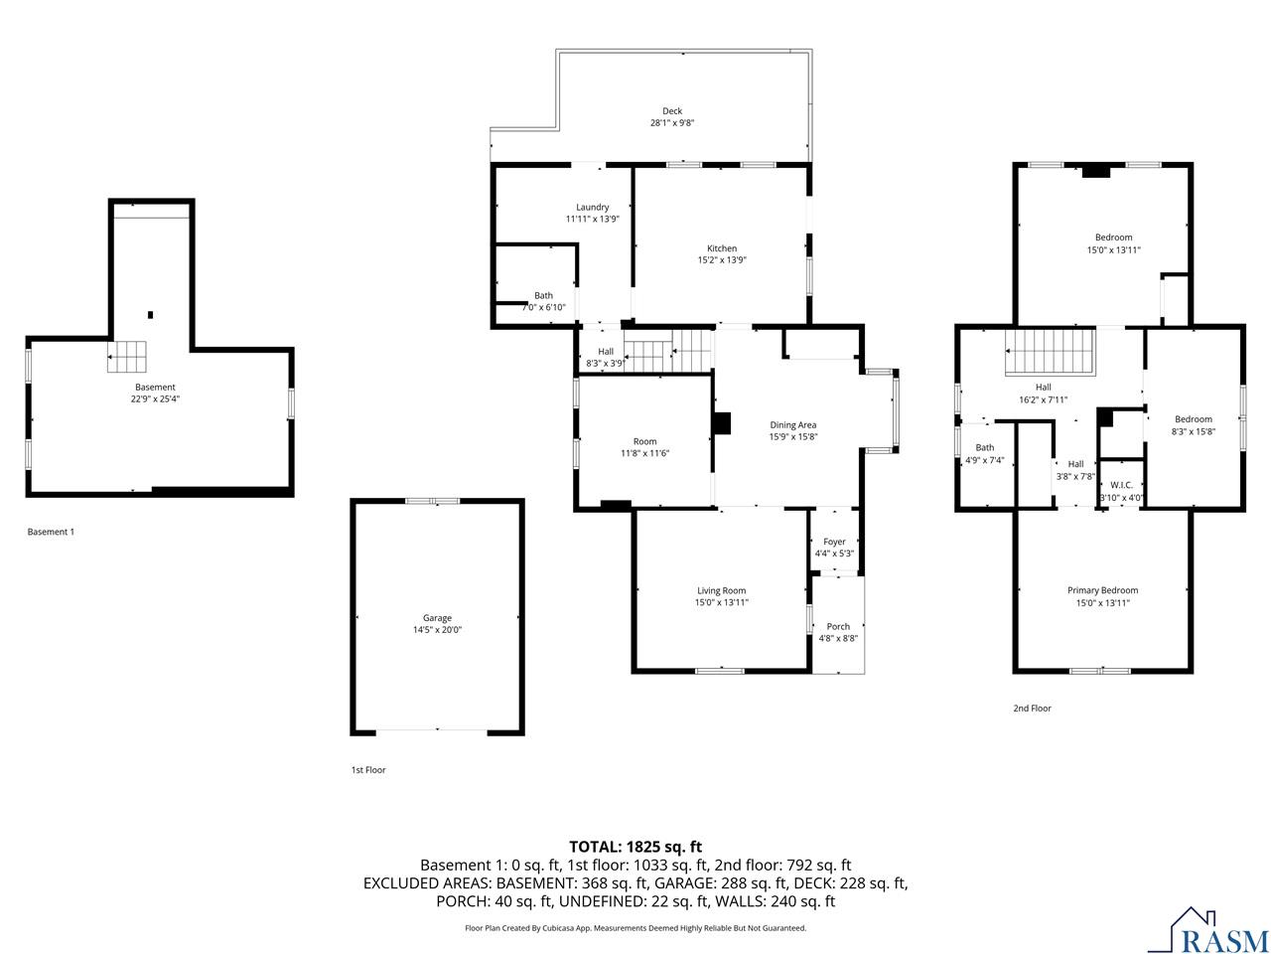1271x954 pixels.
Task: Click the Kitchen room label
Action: point(722,248)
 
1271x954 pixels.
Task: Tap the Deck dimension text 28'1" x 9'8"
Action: point(672,123)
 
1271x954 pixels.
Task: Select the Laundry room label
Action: point(593,207)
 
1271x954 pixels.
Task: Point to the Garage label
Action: point(437,617)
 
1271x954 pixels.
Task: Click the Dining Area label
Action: point(792,425)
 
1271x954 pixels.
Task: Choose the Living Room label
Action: point(721,590)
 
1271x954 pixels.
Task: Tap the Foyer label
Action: point(835,542)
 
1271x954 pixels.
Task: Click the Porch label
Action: point(838,626)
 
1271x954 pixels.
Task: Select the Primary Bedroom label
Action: point(1102,590)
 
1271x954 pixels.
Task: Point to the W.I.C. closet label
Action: point(1121,484)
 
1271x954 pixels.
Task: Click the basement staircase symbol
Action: point(127,357)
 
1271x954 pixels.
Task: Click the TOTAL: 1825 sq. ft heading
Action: point(635,847)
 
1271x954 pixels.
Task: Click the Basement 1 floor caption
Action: point(51,532)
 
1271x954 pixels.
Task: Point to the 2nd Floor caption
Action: point(1032,709)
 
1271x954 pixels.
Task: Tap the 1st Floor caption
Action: point(367,770)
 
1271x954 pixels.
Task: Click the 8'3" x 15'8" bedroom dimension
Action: point(1194,431)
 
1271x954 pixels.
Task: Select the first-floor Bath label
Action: point(543,295)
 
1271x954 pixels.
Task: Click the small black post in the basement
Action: point(150,315)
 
